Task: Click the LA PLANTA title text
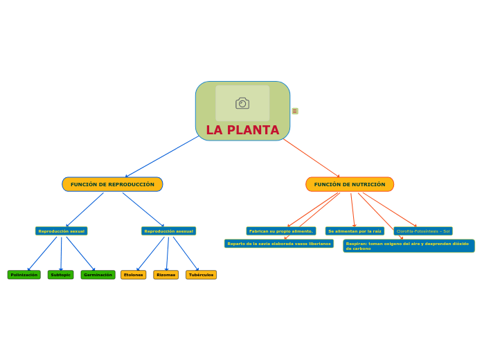coord(242,130)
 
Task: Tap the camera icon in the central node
coord(242,103)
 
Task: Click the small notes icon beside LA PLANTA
coord(295,111)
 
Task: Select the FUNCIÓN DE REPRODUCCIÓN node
coord(112,184)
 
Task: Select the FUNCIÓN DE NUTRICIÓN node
coord(350,184)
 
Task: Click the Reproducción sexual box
coord(62,231)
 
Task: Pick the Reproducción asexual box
coord(168,231)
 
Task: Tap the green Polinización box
coord(24,275)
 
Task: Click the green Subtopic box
coord(61,275)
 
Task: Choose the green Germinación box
coord(98,275)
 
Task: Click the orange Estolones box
coord(134,275)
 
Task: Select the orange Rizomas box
coord(166,275)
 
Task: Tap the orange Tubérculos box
coord(201,275)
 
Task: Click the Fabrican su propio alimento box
coord(281,231)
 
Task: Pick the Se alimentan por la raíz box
coord(355,231)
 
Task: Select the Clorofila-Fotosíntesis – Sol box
coord(423,231)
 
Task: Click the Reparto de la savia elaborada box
coord(279,244)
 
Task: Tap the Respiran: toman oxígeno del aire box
coord(409,246)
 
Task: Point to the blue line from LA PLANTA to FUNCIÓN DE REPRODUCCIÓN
coord(163,156)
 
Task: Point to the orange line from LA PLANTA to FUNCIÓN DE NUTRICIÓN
coord(312,158)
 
